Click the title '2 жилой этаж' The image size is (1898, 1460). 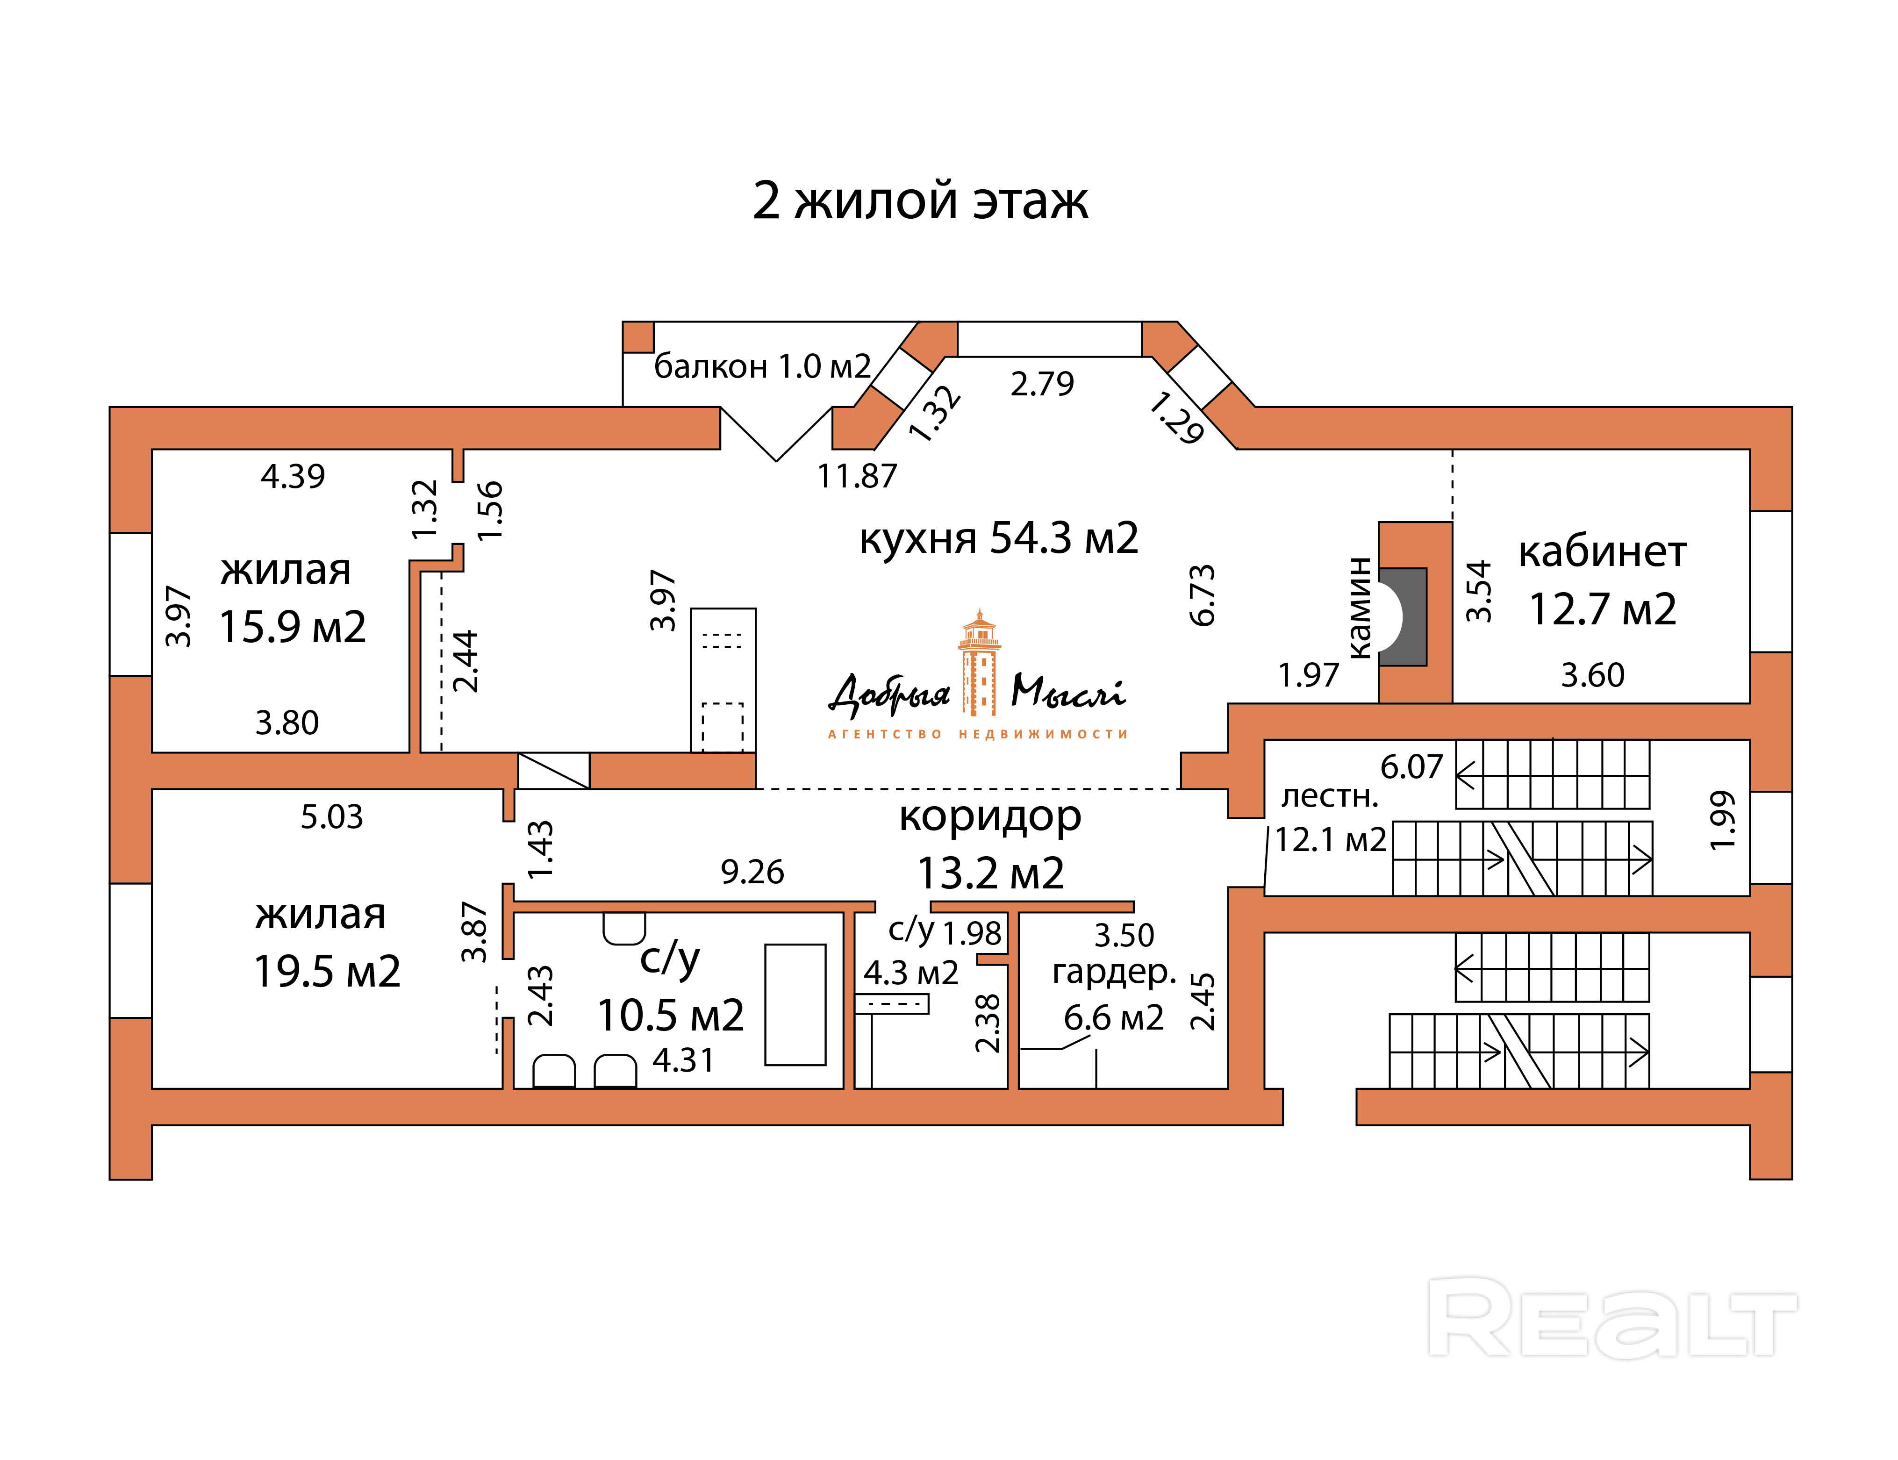pyautogui.click(x=919, y=201)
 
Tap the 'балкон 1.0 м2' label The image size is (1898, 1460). pyautogui.click(x=762, y=367)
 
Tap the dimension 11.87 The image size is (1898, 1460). pyautogui.click(x=857, y=476)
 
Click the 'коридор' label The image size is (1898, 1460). pyautogui.click(x=990, y=817)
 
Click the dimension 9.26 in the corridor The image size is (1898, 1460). pyautogui.click(x=752, y=872)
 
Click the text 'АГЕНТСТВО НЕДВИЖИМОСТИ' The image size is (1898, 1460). pyautogui.click(x=978, y=734)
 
